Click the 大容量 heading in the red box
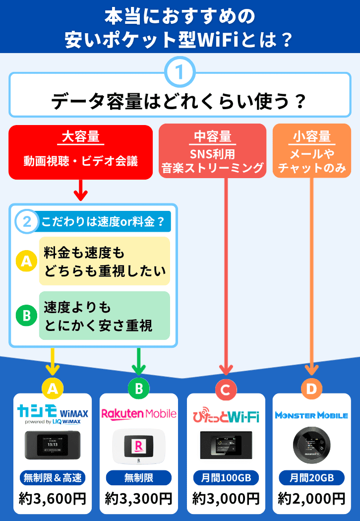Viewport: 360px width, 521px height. click(80, 136)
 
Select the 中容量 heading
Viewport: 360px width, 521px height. click(212, 136)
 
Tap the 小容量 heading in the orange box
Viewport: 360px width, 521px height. click(311, 135)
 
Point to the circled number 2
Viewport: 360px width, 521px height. click(27, 222)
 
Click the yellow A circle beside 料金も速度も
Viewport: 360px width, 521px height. click(26, 261)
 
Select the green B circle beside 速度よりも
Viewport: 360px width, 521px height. click(26, 315)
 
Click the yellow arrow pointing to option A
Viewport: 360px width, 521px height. click(52, 363)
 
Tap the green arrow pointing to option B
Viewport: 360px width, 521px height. click(139, 363)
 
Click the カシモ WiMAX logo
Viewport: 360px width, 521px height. click(52, 413)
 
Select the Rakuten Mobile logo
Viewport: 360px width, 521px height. click(139, 413)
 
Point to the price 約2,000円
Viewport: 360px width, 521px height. click(311, 498)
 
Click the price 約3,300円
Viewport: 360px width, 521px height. click(139, 498)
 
